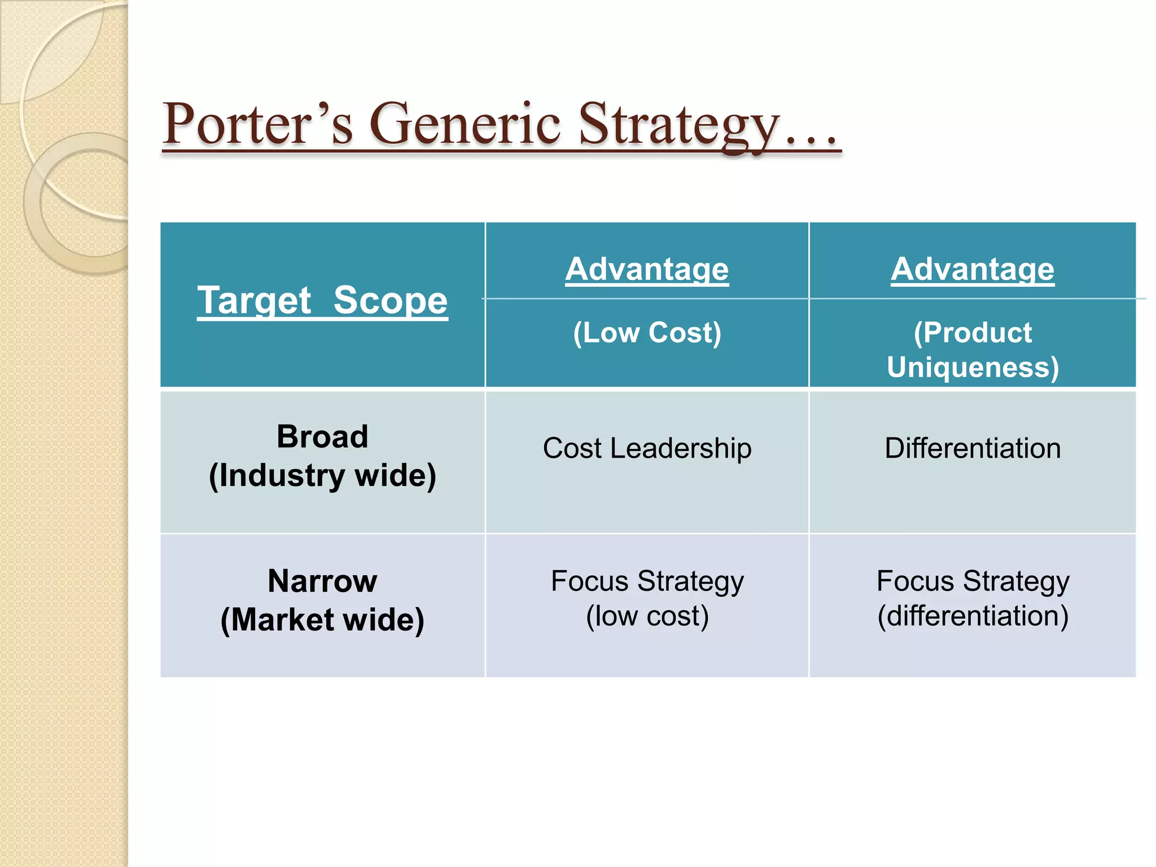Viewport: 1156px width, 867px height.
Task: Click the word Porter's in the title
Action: (x=257, y=124)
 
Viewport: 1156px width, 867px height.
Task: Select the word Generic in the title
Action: (x=465, y=124)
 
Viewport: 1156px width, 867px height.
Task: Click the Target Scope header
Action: (x=322, y=300)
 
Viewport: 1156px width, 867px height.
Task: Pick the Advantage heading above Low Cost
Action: (x=647, y=269)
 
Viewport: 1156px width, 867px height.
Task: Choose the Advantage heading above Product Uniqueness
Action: (x=972, y=269)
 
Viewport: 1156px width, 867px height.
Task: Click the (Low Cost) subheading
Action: (x=647, y=332)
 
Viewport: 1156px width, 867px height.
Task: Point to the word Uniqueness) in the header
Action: (x=972, y=367)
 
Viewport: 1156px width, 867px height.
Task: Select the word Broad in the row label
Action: (x=322, y=436)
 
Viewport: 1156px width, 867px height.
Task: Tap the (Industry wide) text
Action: (x=322, y=475)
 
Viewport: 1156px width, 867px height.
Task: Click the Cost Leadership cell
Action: (x=647, y=448)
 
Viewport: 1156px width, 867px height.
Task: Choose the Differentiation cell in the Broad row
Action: (x=972, y=448)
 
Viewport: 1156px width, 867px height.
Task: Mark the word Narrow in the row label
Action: (x=322, y=581)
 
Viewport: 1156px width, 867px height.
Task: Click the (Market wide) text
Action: (x=322, y=620)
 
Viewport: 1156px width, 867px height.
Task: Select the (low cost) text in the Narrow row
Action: (x=647, y=616)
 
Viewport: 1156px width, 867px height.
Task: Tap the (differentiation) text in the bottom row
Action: (x=972, y=616)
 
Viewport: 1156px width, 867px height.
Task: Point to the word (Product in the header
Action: (x=972, y=332)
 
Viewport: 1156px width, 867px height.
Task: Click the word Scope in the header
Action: (x=390, y=300)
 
